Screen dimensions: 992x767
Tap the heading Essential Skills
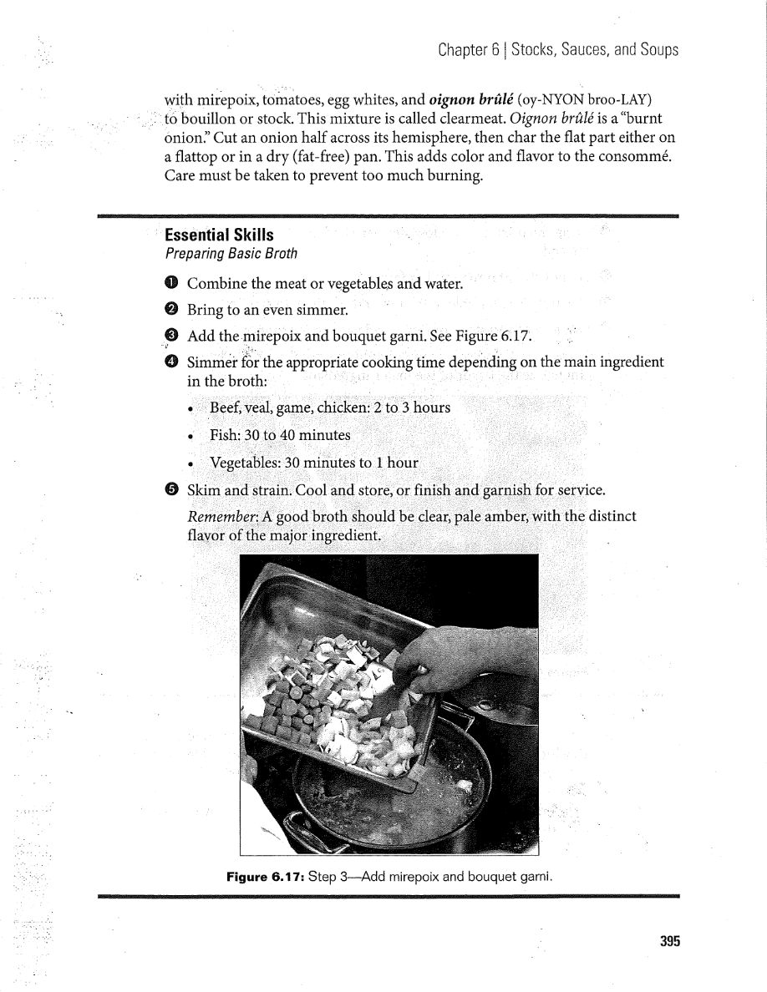coord(218,235)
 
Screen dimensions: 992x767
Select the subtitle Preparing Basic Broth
coord(231,252)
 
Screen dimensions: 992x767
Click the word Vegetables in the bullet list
coord(245,463)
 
